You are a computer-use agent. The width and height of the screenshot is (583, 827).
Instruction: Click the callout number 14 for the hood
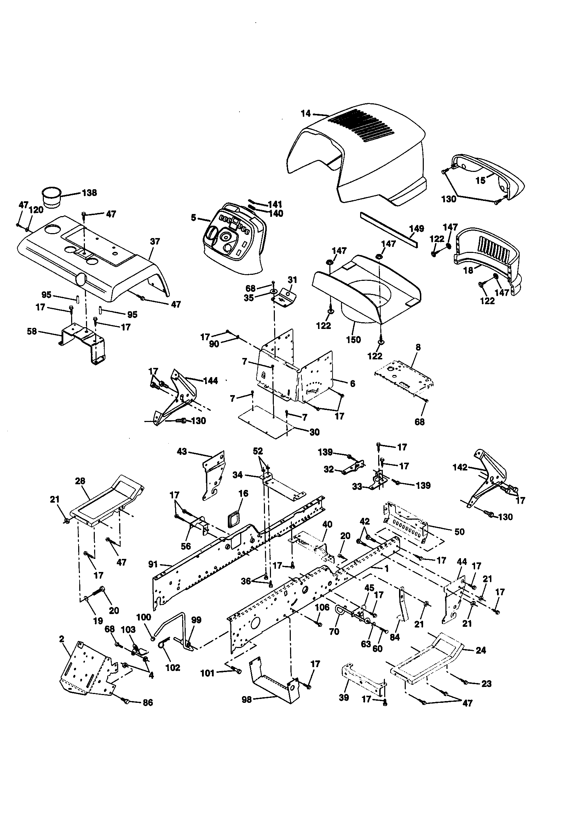coord(305,114)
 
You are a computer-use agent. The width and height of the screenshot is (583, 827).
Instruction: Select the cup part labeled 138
coord(52,197)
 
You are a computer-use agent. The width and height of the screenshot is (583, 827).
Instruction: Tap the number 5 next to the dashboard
coord(194,218)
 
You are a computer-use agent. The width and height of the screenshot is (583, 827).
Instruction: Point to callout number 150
coord(353,340)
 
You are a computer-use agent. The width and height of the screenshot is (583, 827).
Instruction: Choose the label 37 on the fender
coord(155,241)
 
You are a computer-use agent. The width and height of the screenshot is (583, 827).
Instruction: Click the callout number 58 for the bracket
coord(32,331)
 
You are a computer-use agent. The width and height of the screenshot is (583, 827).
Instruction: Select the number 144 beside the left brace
coord(210,381)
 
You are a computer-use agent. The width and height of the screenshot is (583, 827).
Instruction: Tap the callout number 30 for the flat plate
coord(314,432)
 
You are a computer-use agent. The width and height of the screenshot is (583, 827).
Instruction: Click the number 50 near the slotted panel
coord(460,532)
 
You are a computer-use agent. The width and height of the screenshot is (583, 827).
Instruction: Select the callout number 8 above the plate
coord(418,347)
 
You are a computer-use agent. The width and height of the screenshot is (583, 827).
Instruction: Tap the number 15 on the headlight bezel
coord(481,180)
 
